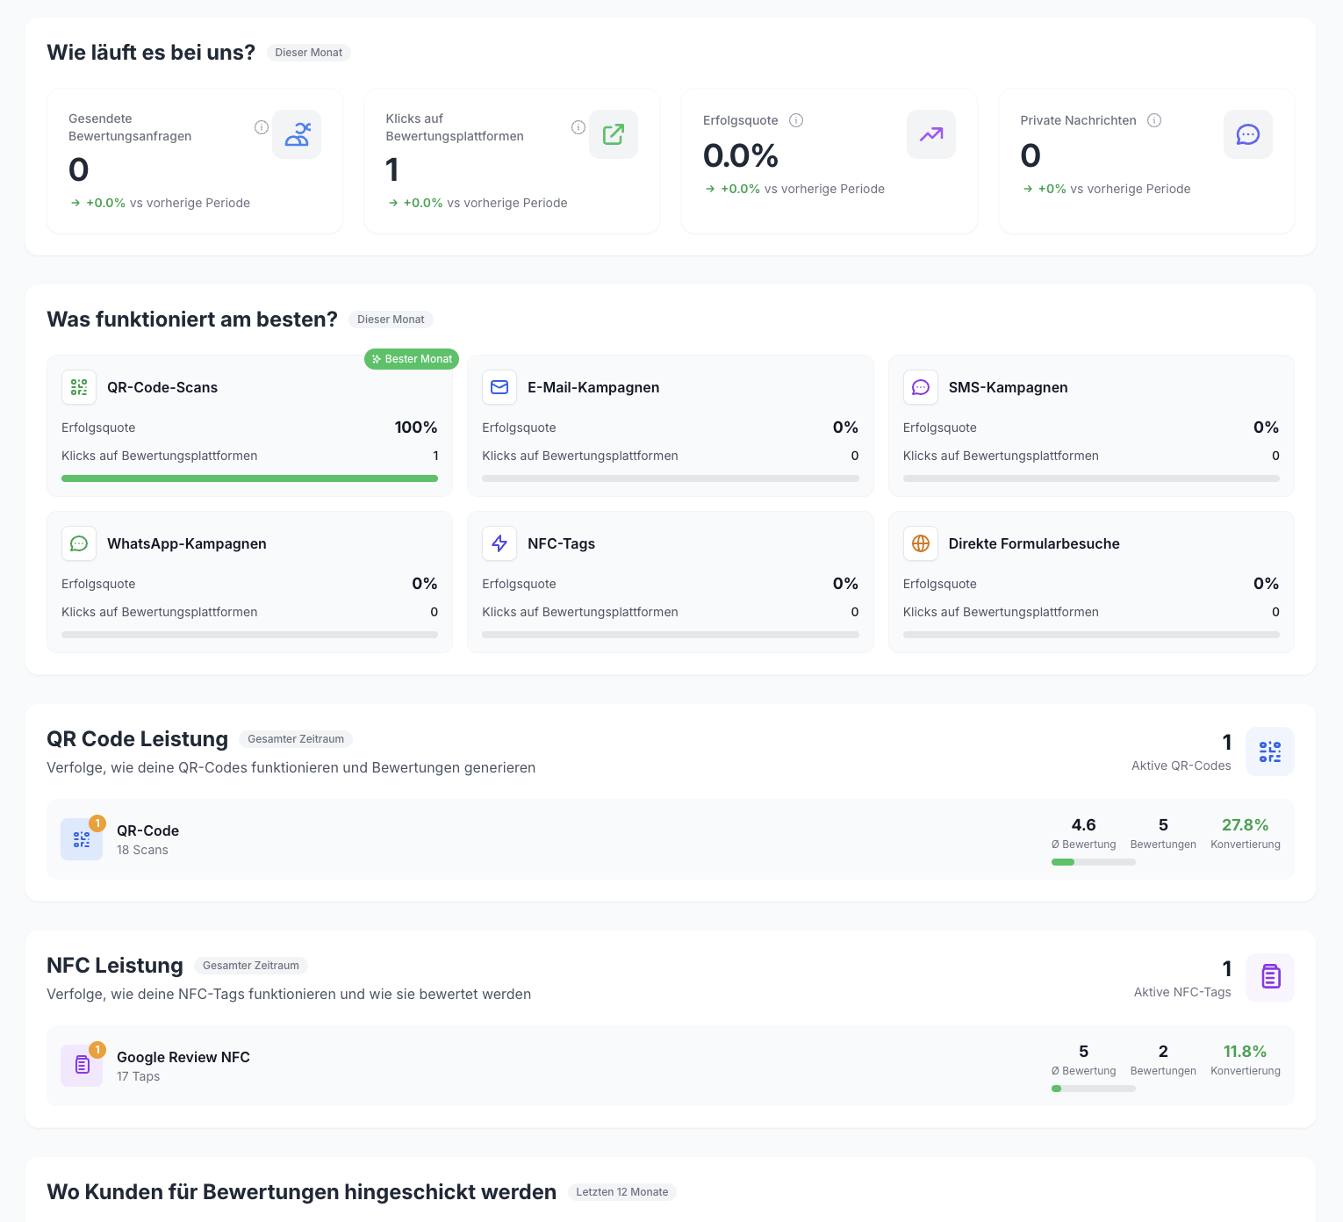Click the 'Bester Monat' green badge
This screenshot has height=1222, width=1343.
[x=412, y=359]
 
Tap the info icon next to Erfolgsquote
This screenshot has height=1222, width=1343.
[x=796, y=120]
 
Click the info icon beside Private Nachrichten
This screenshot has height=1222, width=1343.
[x=1154, y=120]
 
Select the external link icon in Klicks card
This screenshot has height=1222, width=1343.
[x=614, y=134]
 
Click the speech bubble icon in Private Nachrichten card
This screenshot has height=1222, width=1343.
[x=1247, y=134]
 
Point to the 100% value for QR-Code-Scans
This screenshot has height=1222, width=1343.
[x=416, y=428]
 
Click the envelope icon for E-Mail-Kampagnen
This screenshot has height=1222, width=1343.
[x=499, y=387]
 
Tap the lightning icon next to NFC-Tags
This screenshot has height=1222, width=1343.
[x=499, y=543]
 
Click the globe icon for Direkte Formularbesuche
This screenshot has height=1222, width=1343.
[x=920, y=543]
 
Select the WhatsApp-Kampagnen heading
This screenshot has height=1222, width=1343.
[x=186, y=543]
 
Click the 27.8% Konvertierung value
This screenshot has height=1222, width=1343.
[x=1245, y=825]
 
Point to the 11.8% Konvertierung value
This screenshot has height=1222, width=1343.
[x=1245, y=1052]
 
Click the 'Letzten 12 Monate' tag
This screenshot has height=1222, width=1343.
[x=622, y=1192]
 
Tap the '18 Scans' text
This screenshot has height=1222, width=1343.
[x=142, y=850]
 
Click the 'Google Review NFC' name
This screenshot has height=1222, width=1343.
[x=183, y=1057]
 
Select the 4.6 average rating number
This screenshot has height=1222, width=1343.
[x=1083, y=825]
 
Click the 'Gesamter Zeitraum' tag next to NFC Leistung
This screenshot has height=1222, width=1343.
[x=251, y=966]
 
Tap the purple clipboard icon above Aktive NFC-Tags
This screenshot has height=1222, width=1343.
[x=1270, y=977]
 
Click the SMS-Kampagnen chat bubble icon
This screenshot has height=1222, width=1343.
[x=920, y=387]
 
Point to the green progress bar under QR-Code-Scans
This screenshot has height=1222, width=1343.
[x=249, y=478]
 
